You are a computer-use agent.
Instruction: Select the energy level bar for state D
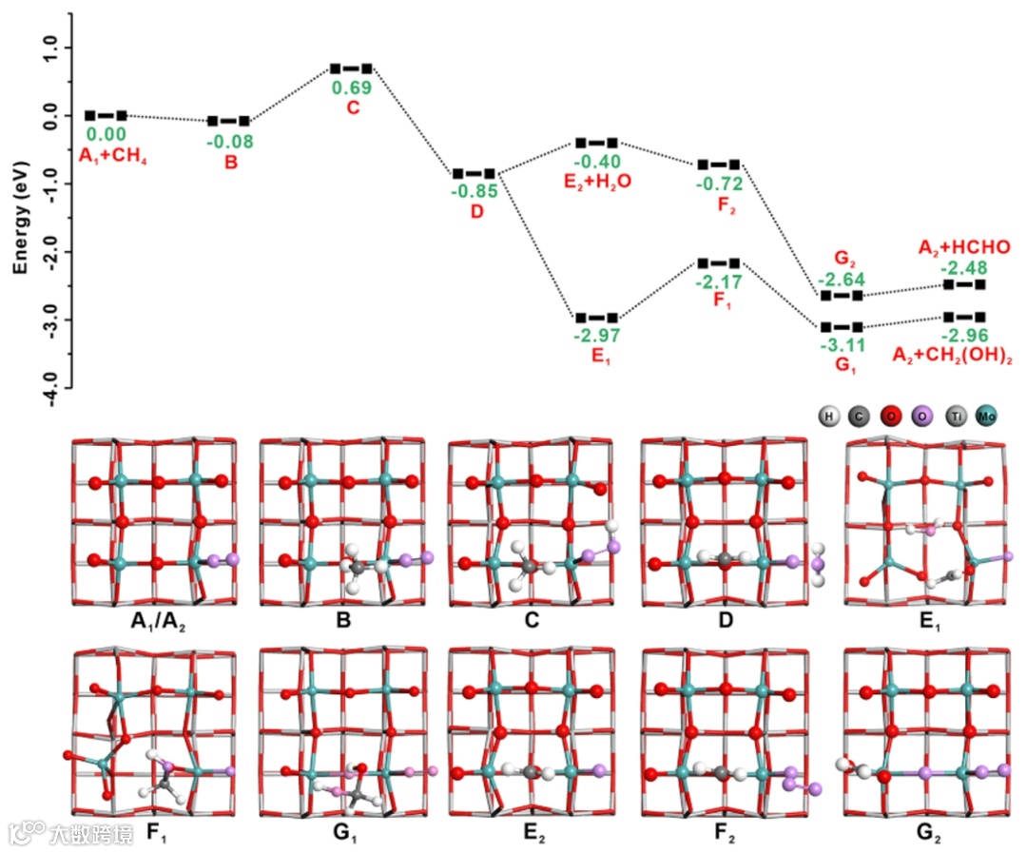click(474, 174)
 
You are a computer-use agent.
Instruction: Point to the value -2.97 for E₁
click(596, 336)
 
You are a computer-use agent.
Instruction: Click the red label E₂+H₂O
click(596, 181)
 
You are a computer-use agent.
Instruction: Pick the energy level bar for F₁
click(719, 262)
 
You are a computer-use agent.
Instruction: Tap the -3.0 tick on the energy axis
click(49, 319)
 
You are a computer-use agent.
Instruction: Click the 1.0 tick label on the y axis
click(49, 47)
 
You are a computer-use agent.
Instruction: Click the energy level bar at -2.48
click(963, 284)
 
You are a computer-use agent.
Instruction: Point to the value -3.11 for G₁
click(841, 345)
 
